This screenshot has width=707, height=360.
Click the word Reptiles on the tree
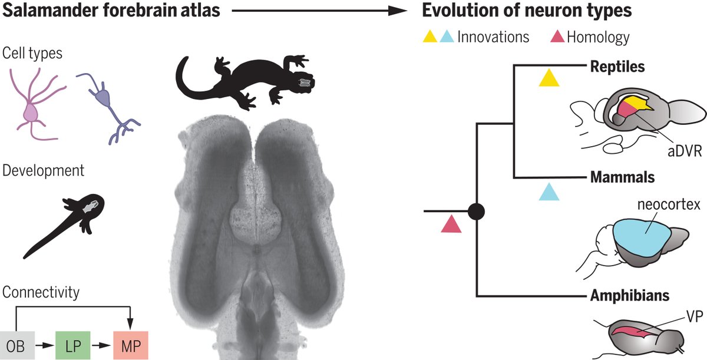617,67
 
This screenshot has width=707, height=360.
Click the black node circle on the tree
476,210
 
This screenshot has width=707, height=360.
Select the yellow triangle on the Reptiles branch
549,78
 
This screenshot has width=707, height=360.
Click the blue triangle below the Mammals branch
549,191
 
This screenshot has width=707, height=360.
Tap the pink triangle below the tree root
451,224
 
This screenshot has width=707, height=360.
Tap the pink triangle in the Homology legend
557,37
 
